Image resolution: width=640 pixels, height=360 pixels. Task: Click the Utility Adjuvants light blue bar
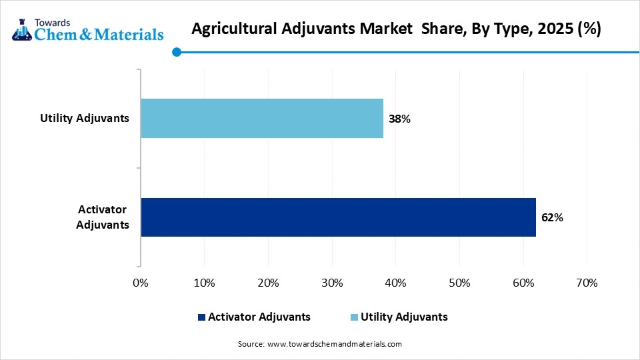point(262,119)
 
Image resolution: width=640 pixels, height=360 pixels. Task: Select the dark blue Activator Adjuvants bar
point(338,217)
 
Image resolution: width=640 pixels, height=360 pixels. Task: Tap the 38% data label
point(399,119)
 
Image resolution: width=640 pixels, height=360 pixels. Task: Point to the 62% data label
point(552,217)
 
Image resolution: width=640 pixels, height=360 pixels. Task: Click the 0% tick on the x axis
point(141,283)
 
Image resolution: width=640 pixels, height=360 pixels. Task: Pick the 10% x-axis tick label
point(204,283)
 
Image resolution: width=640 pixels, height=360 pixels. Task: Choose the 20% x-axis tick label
point(268,283)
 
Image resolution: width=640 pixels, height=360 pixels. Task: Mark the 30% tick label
point(332,283)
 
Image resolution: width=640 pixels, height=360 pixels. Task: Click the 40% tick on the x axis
point(395,283)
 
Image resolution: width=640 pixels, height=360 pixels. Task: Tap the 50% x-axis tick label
point(459,283)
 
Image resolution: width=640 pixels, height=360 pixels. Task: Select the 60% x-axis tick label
point(523,283)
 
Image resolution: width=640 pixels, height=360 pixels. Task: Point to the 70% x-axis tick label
point(587,283)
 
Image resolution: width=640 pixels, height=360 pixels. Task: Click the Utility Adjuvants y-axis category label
point(84,119)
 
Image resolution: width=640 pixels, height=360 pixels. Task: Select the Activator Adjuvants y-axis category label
point(102,217)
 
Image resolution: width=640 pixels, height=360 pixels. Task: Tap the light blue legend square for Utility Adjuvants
point(355,317)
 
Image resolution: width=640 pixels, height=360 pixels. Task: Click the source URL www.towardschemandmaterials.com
point(334,344)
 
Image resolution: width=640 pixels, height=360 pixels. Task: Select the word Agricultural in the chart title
point(230,29)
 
